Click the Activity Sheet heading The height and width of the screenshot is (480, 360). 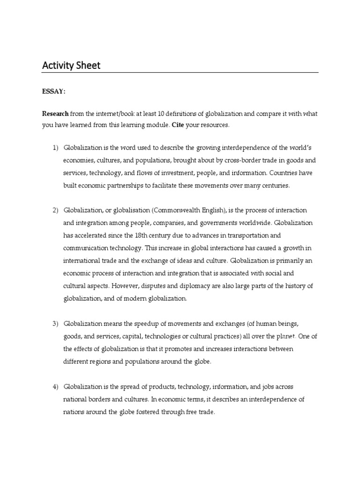[71, 65]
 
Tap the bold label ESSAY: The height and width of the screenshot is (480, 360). [54, 91]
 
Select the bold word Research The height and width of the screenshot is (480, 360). [55, 114]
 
